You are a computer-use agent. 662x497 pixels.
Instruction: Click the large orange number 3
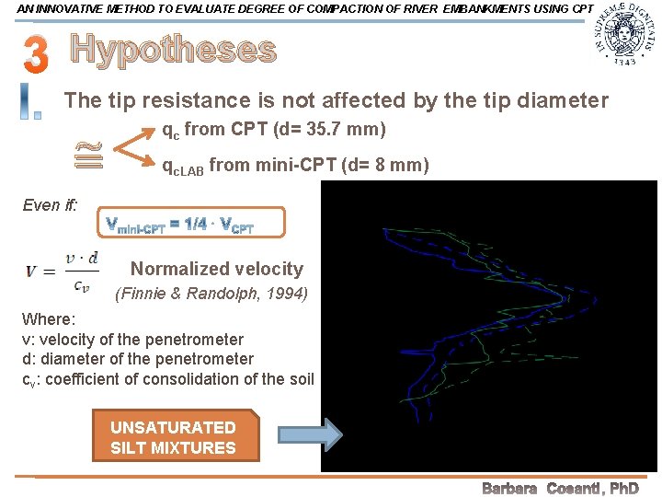[34, 54]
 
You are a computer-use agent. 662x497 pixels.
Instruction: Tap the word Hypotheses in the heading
[173, 51]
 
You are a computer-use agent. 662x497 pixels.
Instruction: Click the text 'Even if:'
[49, 204]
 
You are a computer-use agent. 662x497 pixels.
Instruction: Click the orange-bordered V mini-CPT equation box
[190, 223]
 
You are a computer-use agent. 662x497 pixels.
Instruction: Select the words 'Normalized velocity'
[216, 269]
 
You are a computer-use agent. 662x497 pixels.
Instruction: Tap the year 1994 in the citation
[288, 295]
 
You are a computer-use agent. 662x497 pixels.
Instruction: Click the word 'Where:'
[48, 319]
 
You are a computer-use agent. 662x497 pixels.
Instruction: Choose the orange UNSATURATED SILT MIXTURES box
[174, 437]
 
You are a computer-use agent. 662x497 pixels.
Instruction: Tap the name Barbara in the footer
[509, 488]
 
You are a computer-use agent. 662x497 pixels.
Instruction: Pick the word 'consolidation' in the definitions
[222, 379]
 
